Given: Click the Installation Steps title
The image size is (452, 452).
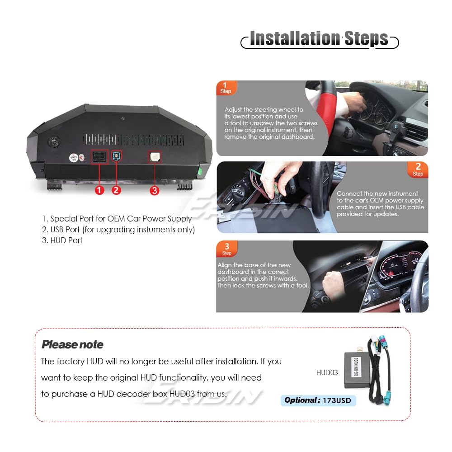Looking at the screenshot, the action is click(319, 38).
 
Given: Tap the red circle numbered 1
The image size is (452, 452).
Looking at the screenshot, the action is click(99, 190).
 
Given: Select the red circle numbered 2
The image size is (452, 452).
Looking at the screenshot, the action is click(116, 190).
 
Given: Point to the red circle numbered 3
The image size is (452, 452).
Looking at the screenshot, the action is click(155, 191).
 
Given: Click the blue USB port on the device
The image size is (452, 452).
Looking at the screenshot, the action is click(117, 156).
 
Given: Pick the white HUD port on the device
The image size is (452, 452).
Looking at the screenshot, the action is click(155, 157).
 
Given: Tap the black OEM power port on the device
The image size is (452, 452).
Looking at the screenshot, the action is click(99, 157).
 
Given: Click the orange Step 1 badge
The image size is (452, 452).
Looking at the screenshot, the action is click(226, 88).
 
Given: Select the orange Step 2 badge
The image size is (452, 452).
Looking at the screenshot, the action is click(418, 169).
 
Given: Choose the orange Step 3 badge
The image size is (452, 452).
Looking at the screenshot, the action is click(227, 249).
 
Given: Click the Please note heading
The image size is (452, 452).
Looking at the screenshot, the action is click(72, 344).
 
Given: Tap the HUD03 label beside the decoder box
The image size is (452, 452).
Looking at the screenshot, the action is click(327, 372).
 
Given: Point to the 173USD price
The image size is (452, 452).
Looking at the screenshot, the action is click(337, 400).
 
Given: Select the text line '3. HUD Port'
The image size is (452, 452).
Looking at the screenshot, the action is click(62, 240).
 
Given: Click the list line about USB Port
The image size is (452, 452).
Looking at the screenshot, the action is click(118, 230).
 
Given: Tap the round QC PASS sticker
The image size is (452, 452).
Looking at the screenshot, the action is click(74, 158).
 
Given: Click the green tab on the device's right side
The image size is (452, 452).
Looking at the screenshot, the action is click(200, 171).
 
